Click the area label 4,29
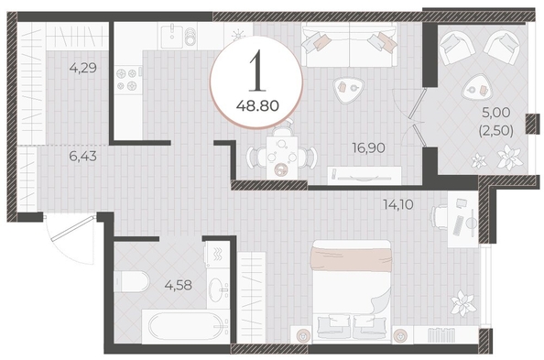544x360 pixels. [x=83, y=68]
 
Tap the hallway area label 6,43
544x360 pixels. [x=83, y=157]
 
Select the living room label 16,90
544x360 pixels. [x=368, y=147]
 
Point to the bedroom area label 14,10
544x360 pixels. [x=398, y=204]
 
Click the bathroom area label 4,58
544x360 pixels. [x=179, y=285]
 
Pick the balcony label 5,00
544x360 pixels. [x=496, y=112]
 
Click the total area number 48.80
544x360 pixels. [x=257, y=105]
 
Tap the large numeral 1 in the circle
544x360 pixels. [x=257, y=71]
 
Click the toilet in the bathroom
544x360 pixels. [x=132, y=281]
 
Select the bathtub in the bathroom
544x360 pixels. [x=186, y=327]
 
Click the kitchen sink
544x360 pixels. [x=172, y=37]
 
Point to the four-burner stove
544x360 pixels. [x=127, y=80]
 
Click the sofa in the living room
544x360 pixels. [x=349, y=45]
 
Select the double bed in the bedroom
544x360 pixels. [x=351, y=290]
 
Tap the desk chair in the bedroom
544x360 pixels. [x=439, y=217]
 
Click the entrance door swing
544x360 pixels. [x=71, y=239]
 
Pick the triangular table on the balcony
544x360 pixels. [x=476, y=90]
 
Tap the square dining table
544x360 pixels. [x=282, y=158]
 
